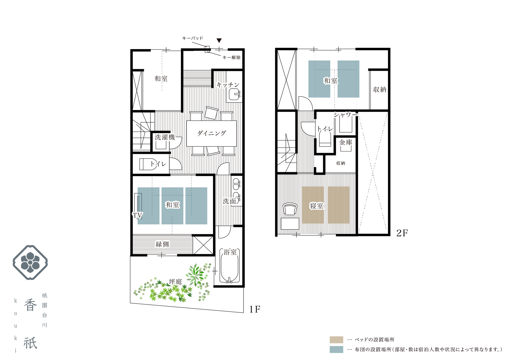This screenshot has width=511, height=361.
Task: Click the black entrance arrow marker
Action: tap(219, 40)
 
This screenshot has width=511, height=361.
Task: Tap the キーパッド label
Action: tap(193, 38)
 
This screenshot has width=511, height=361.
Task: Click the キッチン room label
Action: tap(228, 85)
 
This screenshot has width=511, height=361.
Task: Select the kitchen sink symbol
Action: tap(234, 95)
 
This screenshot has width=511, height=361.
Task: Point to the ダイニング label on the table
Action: tap(212, 133)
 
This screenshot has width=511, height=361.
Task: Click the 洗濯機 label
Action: tap(165, 137)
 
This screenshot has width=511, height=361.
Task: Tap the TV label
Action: tap(137, 215)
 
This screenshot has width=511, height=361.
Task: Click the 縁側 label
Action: tap(162, 244)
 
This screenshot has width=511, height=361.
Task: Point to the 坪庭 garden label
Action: tap(175, 281)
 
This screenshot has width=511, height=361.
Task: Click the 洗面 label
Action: tap(229, 201)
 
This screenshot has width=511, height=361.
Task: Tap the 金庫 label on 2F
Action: tap(346, 142)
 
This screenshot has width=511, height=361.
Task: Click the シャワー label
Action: tap(346, 115)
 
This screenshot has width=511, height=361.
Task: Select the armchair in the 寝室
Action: tap(290, 209)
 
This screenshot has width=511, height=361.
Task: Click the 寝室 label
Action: tap(317, 206)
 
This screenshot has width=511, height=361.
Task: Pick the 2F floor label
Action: tap(402, 233)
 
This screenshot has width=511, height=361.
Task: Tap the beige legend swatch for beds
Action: tap(336, 340)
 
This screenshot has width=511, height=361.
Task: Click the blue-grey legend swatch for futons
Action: tap(336, 349)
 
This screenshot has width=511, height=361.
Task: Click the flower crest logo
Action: tap(30, 263)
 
